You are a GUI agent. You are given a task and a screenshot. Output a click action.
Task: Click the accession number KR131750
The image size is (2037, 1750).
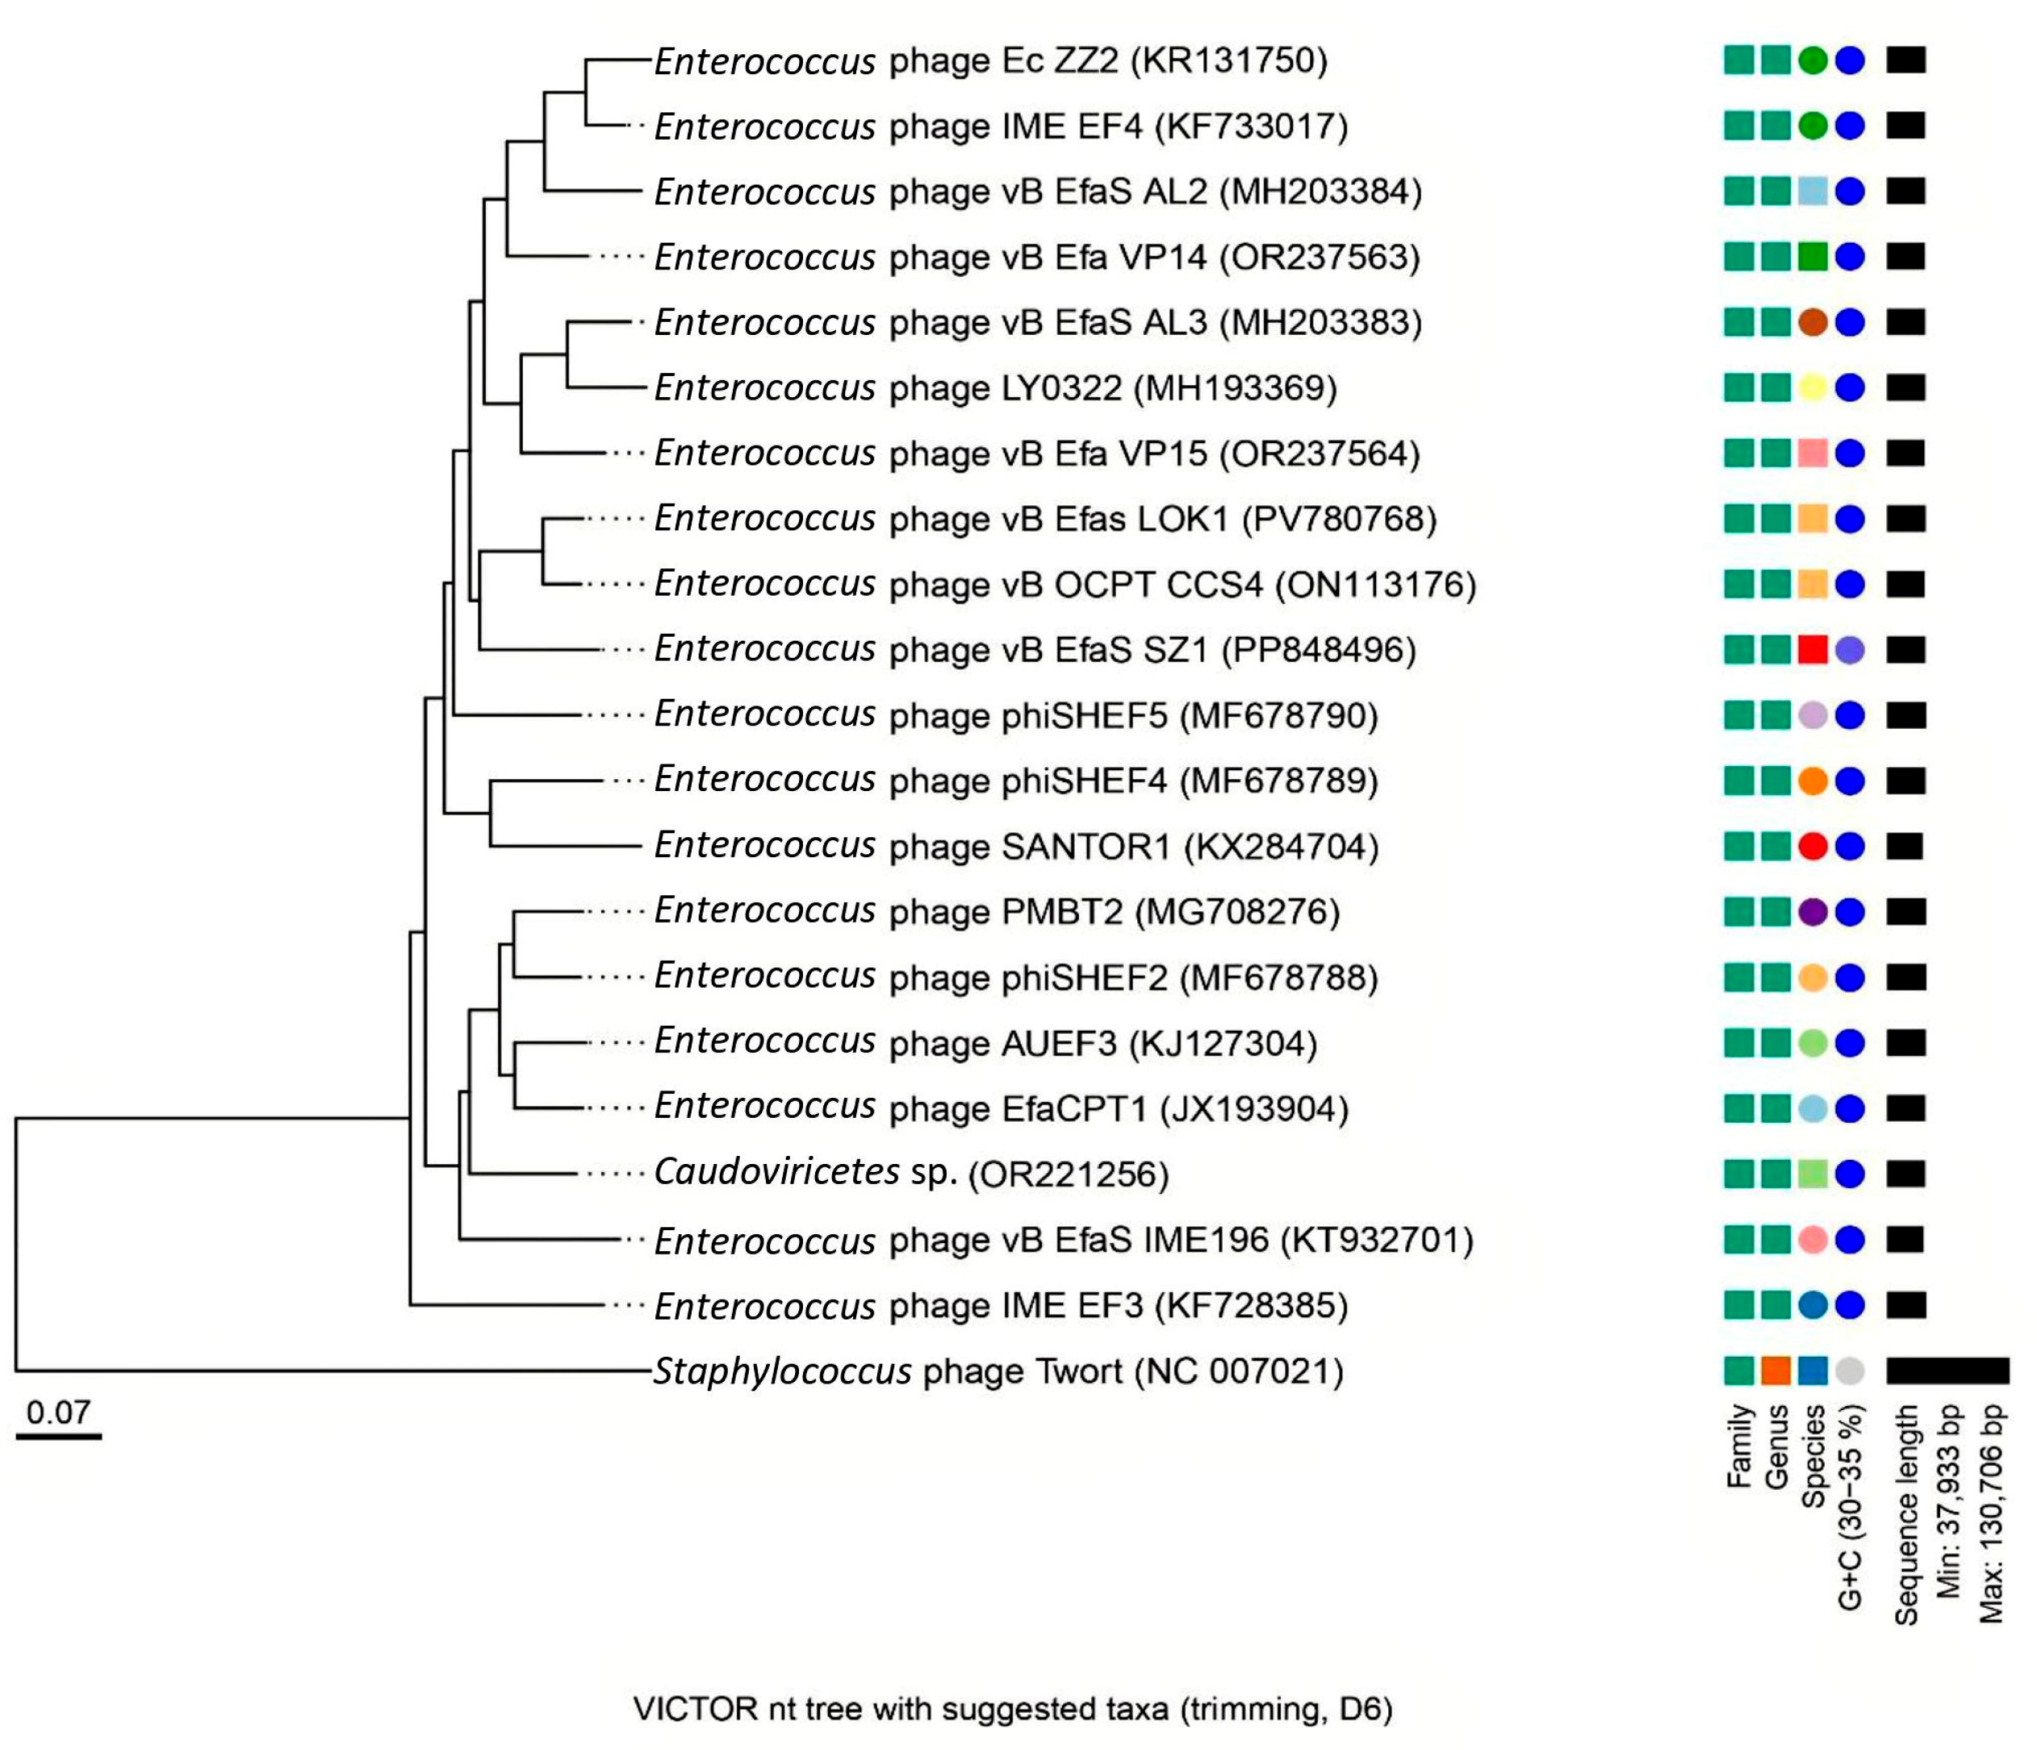pyautogui.click(x=1229, y=61)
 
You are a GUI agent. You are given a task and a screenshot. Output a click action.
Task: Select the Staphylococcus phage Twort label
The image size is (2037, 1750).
pyautogui.click(x=998, y=1371)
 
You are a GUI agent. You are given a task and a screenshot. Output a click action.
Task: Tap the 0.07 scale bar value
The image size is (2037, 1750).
pyautogui.click(x=58, y=1413)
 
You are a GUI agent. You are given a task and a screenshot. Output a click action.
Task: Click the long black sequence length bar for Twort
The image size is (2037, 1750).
pyautogui.click(x=1947, y=1371)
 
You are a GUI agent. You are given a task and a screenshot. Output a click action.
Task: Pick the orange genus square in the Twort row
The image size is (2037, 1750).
pyautogui.click(x=1776, y=1371)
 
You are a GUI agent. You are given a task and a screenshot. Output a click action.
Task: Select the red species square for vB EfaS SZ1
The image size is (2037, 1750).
pyautogui.click(x=1812, y=650)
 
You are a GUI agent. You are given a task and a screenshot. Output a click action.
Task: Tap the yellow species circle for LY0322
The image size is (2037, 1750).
pyautogui.click(x=1812, y=387)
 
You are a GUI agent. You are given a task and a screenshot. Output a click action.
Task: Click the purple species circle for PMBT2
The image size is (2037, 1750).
pyautogui.click(x=1812, y=912)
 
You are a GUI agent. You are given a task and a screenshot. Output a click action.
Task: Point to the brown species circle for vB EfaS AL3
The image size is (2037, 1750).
pyautogui.click(x=1812, y=322)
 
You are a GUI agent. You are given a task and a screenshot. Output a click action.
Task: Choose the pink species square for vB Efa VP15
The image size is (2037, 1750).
pyautogui.click(x=1812, y=453)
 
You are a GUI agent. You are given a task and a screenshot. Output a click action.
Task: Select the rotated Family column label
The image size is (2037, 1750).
pyautogui.click(x=1740, y=1445)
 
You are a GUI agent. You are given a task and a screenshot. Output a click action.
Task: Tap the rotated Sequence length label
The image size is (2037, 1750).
pyautogui.click(x=1906, y=1514)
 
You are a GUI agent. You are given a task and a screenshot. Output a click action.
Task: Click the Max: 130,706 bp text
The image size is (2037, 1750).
pyautogui.click(x=1991, y=1514)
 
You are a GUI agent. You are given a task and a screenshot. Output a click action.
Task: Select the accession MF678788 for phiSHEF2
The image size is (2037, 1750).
pyautogui.click(x=1278, y=978)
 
